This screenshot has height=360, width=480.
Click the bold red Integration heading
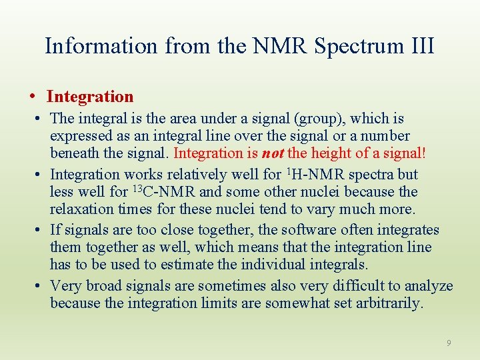(90, 97)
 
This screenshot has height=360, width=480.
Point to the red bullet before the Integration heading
(33, 97)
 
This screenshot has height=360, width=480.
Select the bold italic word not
(273, 153)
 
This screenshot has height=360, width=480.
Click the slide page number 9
(449, 343)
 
